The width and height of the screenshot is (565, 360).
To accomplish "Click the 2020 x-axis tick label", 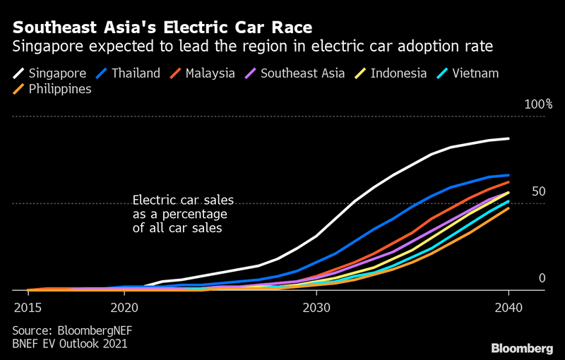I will pos(124,308).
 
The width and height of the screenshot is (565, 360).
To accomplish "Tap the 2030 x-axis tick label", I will pos(316,308).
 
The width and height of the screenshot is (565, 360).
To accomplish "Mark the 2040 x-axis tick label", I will pos(508,308).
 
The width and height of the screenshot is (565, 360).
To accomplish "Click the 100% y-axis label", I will pos(538,104).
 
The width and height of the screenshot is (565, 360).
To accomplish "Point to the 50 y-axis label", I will pos(539,192).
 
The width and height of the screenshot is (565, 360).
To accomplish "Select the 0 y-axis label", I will pos(542,279).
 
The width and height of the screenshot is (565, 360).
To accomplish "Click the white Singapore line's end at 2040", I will pos(508,139).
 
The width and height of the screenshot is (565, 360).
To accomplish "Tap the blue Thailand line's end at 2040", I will pos(508,175).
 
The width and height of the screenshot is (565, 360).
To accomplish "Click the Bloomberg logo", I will pos(522,348).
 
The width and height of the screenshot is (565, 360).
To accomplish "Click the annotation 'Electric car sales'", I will pos(183,200).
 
